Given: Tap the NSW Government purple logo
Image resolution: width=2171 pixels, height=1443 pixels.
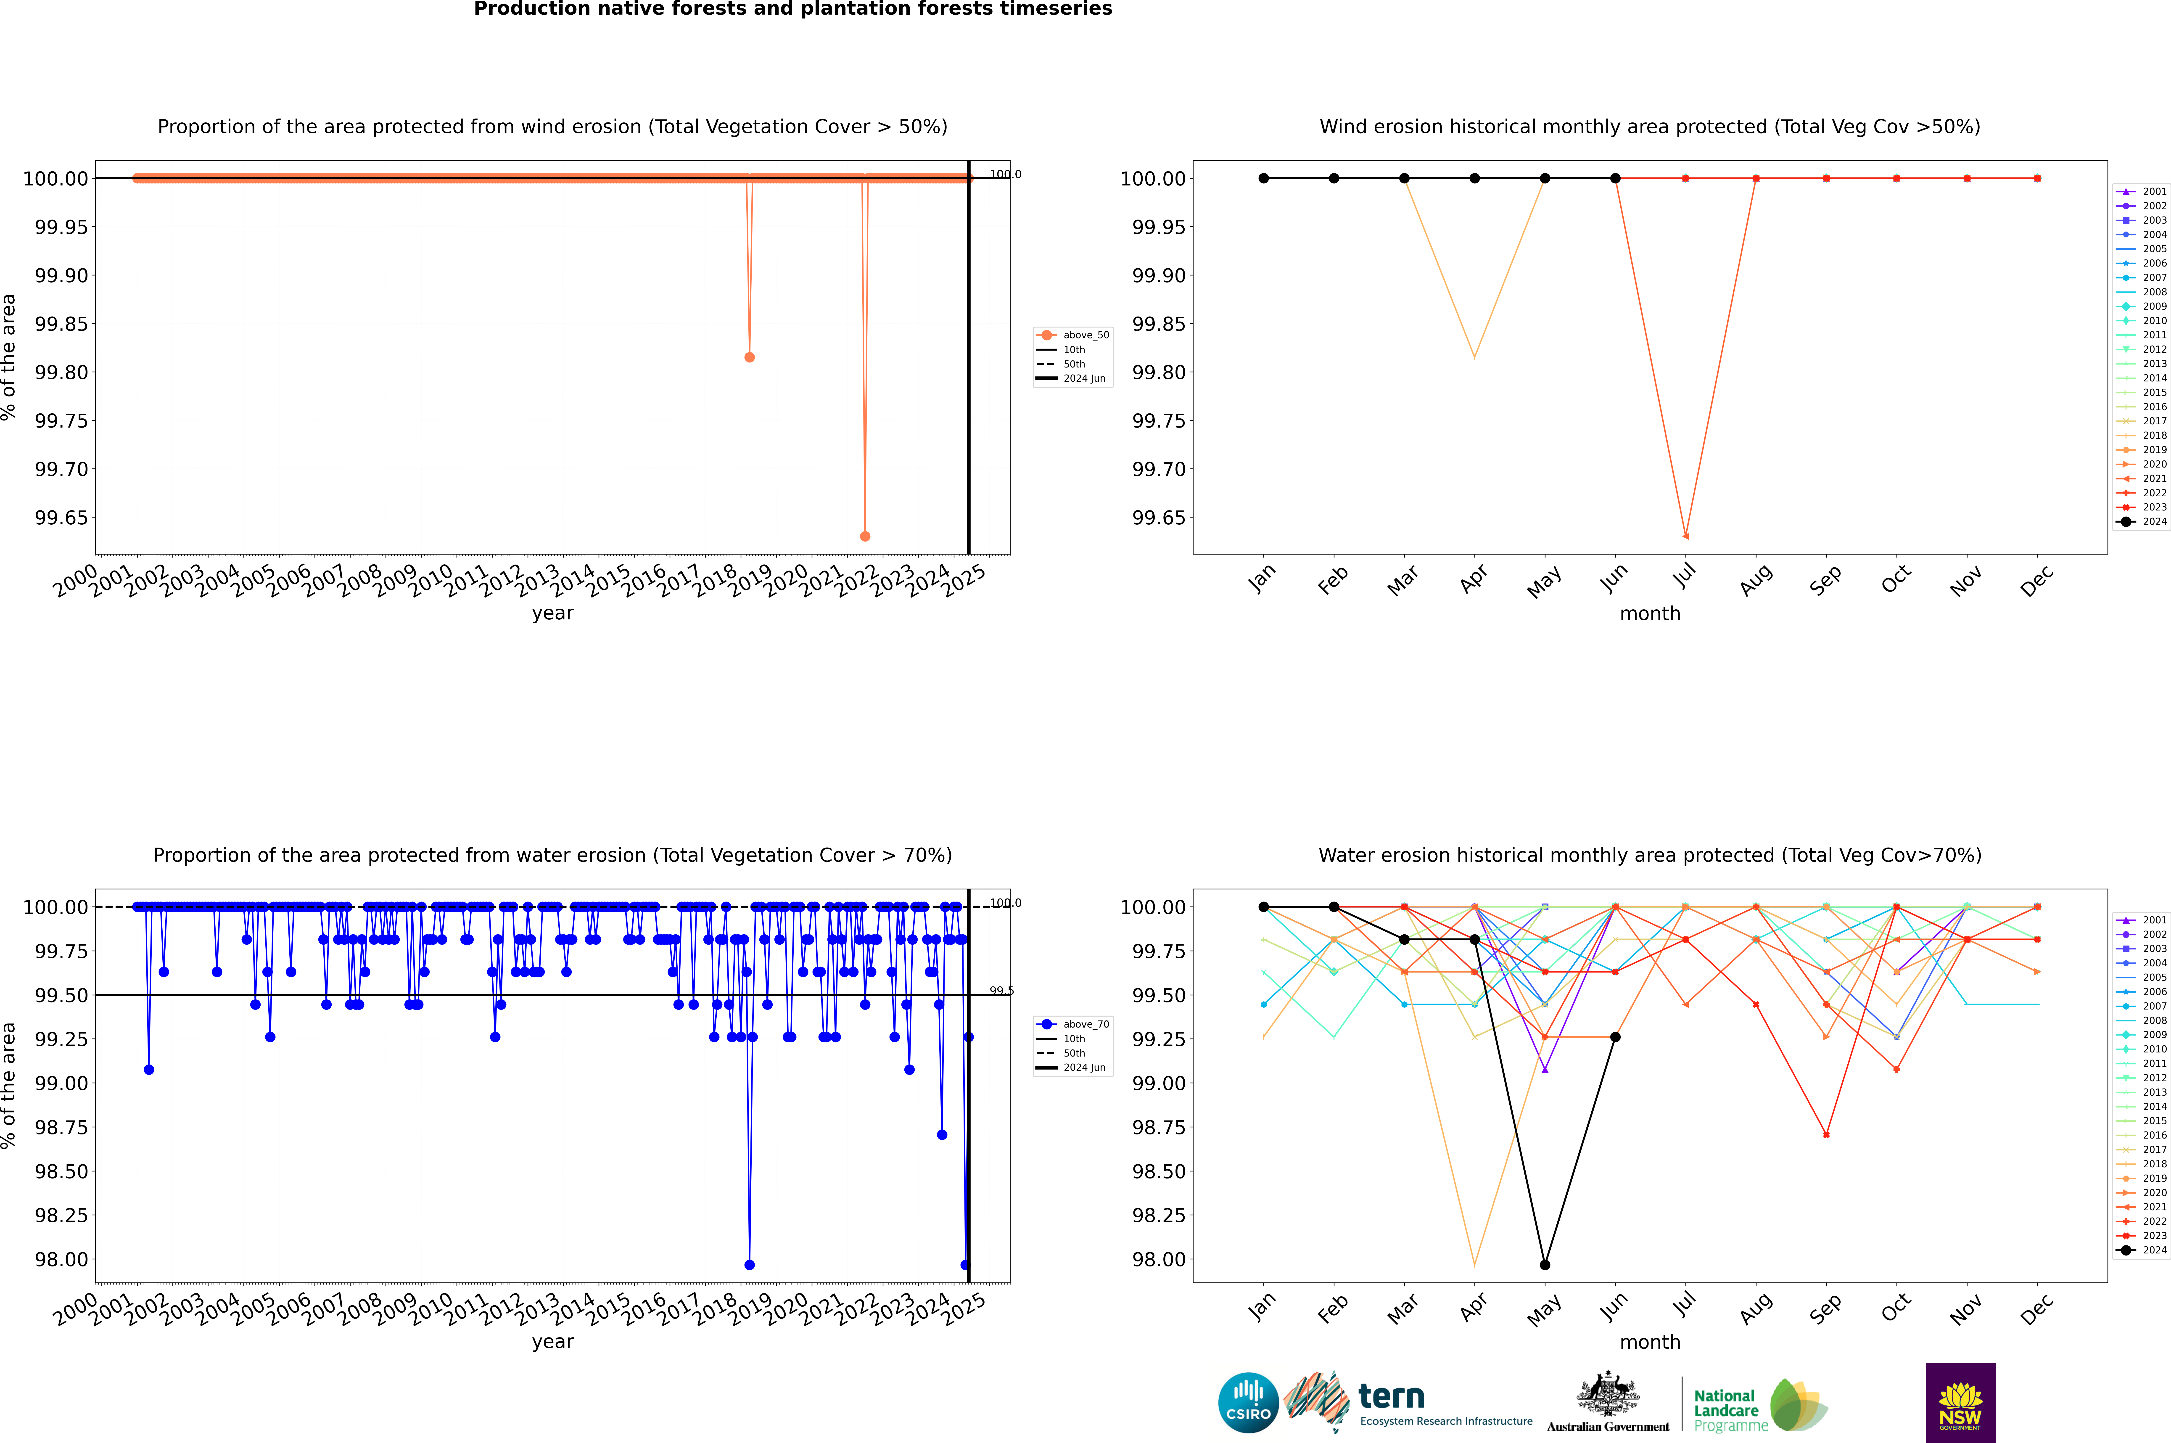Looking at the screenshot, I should pos(1960,1403).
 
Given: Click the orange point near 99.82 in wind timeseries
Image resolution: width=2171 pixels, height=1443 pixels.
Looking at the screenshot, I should pos(749,357).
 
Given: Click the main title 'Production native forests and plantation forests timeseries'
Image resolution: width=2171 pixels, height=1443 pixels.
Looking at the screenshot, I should pos(792,9).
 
